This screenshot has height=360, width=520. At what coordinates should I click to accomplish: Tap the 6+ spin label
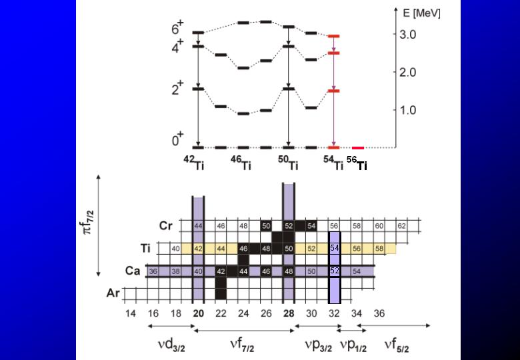click(x=178, y=29)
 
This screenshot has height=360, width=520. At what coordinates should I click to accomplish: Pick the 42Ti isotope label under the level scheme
click(x=194, y=162)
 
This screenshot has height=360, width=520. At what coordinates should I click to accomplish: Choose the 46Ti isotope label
click(x=241, y=162)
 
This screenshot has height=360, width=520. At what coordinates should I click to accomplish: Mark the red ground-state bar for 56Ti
click(x=358, y=148)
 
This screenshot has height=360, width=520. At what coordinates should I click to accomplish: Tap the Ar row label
click(x=115, y=293)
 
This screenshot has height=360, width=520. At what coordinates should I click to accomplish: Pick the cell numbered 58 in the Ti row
click(x=379, y=249)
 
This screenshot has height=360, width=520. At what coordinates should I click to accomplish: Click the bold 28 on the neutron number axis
click(x=288, y=313)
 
